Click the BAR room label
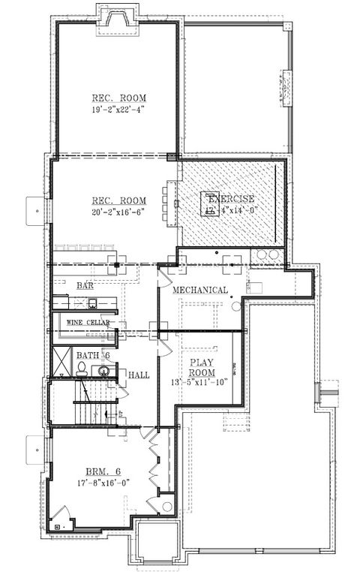[x=85, y=286]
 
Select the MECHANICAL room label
[x=200, y=290]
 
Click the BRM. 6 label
[x=100, y=471]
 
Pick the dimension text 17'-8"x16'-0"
[x=100, y=483]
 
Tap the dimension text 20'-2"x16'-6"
[x=118, y=211]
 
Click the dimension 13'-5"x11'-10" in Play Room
[x=200, y=381]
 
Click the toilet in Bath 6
[x=81, y=368]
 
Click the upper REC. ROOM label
[x=118, y=98]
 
